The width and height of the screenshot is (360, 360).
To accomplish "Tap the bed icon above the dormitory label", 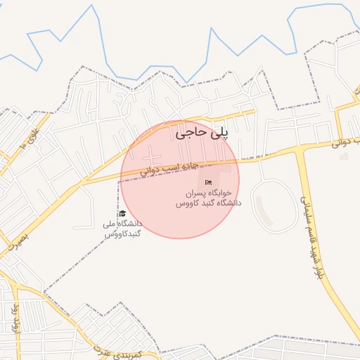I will [208, 183].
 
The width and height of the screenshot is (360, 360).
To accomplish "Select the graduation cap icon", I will [122, 214].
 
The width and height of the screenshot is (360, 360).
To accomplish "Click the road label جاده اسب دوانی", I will [170, 169].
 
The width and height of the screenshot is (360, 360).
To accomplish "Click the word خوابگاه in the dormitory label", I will [229, 193].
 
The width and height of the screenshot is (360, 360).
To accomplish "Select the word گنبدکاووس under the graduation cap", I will [122, 233].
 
